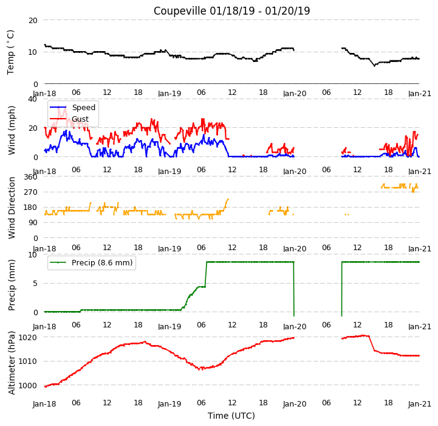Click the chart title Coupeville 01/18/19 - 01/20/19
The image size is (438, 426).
(x=231, y=11)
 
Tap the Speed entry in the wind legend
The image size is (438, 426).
(x=83, y=108)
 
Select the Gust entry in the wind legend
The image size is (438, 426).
(x=80, y=119)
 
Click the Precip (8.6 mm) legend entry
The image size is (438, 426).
(x=102, y=262)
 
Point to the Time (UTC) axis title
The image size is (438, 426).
(x=231, y=416)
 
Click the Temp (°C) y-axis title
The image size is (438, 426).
(x=10, y=52)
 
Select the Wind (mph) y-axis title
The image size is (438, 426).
(x=11, y=130)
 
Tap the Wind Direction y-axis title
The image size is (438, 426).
(x=11, y=208)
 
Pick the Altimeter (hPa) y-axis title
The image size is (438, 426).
(x=11, y=363)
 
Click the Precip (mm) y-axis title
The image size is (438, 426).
(x=11, y=285)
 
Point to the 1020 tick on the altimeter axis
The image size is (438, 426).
(x=28, y=337)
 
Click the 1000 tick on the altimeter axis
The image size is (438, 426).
(x=28, y=385)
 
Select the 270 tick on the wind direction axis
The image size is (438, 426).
(x=31, y=192)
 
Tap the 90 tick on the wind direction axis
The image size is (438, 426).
(x=33, y=223)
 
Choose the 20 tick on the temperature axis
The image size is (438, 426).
(x=33, y=20)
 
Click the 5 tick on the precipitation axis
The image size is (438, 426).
(x=35, y=283)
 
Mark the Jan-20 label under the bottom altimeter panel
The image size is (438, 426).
(x=295, y=404)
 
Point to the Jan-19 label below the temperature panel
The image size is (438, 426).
(x=169, y=93)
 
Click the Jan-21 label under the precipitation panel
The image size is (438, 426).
(x=420, y=326)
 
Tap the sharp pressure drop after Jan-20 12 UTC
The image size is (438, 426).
(x=372, y=343)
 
